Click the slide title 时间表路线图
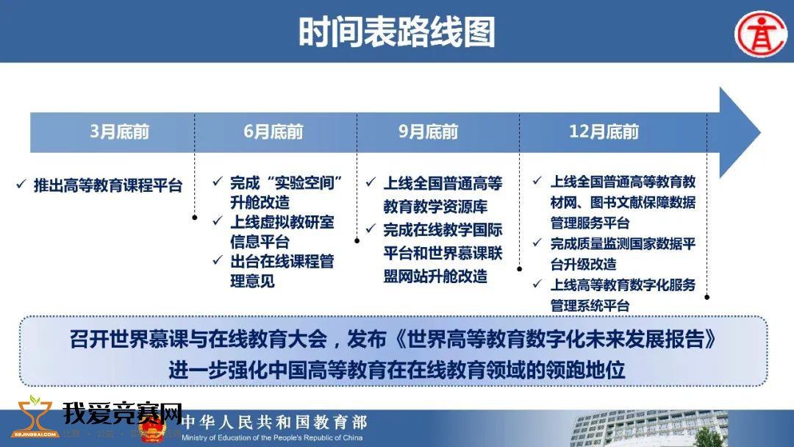coord(396,32)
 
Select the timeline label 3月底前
coord(120,132)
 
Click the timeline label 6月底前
coord(273,132)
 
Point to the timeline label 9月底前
coord(429,132)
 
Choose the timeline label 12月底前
coord(604,132)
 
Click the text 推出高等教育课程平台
coord(108,185)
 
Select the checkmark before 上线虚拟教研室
coord(218,221)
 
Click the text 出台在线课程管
coord(282,261)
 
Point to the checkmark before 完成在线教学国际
coord(371,229)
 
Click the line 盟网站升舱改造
coord(435,276)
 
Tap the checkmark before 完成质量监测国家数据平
coord(537,243)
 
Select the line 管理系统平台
coord(590,305)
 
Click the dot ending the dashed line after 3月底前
coord(194,218)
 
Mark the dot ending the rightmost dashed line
coord(707,297)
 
